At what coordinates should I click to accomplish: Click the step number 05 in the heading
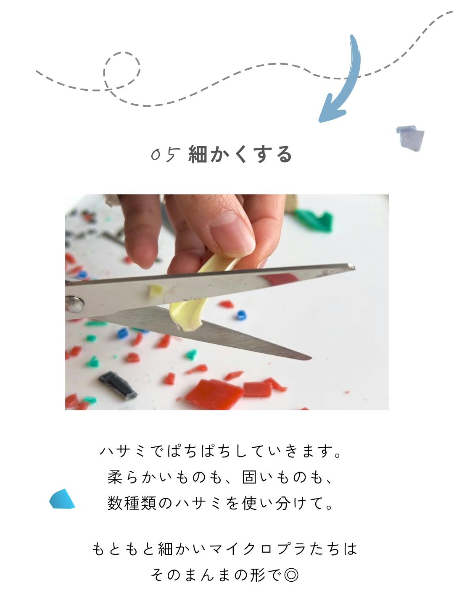[166, 155]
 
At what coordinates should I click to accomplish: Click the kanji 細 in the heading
[198, 154]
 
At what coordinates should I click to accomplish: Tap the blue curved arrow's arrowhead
[333, 109]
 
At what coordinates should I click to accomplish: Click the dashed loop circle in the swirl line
[122, 70]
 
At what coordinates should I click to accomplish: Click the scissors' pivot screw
[74, 304]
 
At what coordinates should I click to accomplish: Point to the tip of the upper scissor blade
[354, 266]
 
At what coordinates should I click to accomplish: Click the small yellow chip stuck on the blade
[156, 291]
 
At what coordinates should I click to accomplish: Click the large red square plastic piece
[214, 394]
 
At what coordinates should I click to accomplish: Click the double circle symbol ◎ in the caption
[291, 575]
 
